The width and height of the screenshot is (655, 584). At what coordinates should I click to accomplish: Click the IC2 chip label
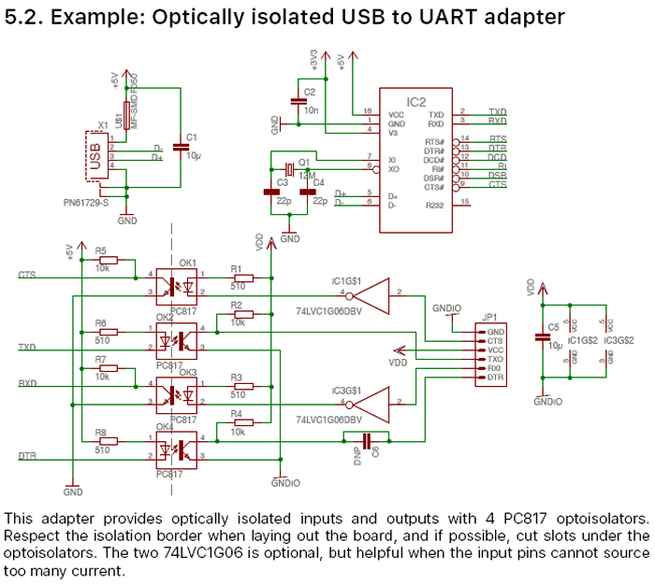pyautogui.click(x=416, y=100)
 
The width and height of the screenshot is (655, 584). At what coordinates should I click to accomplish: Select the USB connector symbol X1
pyautogui.click(x=94, y=155)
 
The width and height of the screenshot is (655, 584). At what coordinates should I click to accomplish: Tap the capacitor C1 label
pyautogui.click(x=192, y=137)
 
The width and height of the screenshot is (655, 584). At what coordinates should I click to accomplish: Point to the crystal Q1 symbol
pyautogui.click(x=290, y=168)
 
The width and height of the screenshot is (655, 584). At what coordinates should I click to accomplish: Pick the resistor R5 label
pyautogui.click(x=100, y=250)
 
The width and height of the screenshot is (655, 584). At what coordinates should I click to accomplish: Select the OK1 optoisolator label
pyautogui.click(x=189, y=263)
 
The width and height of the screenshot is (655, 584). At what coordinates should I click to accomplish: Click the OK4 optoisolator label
pyautogui.click(x=164, y=427)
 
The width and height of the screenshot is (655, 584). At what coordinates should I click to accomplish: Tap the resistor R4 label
pyautogui.click(x=236, y=413)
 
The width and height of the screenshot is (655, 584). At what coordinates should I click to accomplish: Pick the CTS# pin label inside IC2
pyautogui.click(x=434, y=186)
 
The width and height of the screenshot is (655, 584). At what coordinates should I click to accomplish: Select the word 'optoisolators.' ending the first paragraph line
pyautogui.click(x=596, y=518)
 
